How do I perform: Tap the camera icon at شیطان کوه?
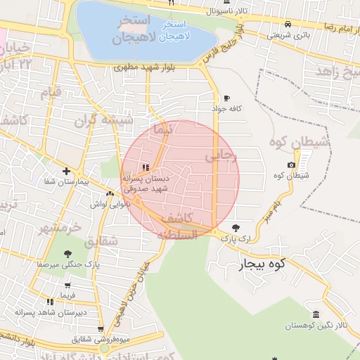(x=291, y=165)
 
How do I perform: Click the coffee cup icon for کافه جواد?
(x=226, y=98)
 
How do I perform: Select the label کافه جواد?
(x=226, y=108)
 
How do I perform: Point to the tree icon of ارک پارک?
(x=235, y=228)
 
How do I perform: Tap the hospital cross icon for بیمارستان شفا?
(x=66, y=171)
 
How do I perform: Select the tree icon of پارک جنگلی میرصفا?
(x=67, y=254)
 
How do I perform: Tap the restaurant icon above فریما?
(x=67, y=285)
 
